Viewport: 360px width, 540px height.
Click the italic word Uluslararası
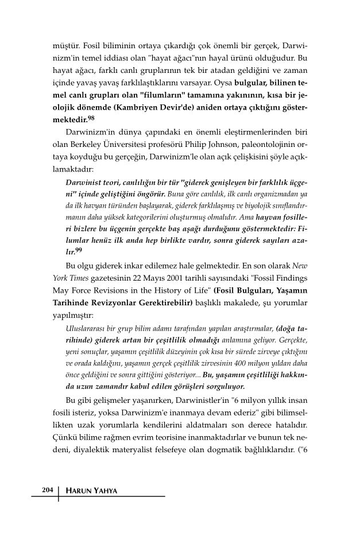tap(86, 329)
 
